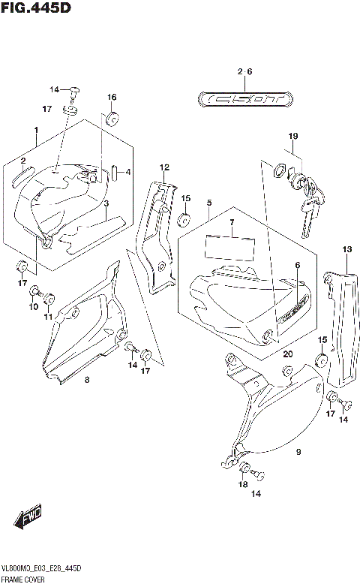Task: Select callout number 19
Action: click(293, 136)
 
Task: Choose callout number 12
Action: click(163, 167)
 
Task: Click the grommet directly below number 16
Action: click(112, 118)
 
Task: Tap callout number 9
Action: click(298, 452)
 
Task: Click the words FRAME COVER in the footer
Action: click(25, 579)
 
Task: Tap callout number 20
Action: click(287, 354)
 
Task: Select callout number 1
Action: click(35, 130)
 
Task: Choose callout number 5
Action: click(209, 203)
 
